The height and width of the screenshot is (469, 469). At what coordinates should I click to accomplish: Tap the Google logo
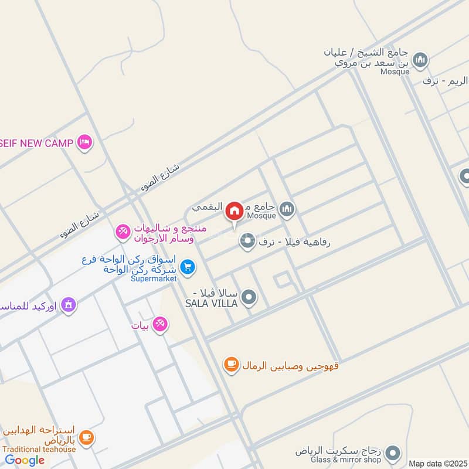[x=25, y=460]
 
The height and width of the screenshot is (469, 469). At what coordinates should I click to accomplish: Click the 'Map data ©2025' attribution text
[x=437, y=463]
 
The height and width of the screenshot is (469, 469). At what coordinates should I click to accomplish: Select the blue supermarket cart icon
[x=188, y=267]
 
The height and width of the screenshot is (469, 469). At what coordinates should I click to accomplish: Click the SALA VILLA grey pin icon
[x=249, y=298]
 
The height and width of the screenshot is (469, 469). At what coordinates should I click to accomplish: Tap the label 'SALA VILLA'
[x=211, y=303]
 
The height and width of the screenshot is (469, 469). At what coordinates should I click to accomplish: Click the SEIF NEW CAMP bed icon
[x=85, y=142]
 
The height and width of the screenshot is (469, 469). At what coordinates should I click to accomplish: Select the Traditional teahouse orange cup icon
[x=86, y=437]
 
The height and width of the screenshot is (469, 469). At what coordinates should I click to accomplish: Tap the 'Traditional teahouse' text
[x=39, y=450]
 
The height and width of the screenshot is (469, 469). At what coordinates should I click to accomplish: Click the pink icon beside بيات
[x=159, y=324]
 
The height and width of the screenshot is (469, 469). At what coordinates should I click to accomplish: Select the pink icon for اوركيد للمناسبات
[x=69, y=304]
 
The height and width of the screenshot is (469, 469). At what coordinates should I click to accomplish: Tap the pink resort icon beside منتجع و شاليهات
[x=123, y=232]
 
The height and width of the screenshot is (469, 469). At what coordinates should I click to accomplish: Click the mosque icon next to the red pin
[x=287, y=208]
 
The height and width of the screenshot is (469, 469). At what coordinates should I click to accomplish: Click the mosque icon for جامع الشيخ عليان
[x=420, y=60]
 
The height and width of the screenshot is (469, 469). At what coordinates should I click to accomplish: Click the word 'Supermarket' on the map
[x=154, y=278]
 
